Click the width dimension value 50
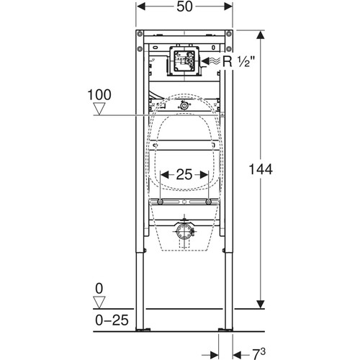tap(184, 7)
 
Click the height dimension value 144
tap(261, 169)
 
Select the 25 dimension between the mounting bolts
tap(184, 174)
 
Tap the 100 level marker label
tap(99, 95)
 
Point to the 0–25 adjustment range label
tap(112, 320)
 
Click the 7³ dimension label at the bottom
tap(258, 354)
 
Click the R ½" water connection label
tap(238, 62)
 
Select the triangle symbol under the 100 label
tap(99, 109)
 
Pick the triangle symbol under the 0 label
tap(99, 302)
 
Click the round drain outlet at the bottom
tap(184, 232)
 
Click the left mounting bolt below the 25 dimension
tap(160, 202)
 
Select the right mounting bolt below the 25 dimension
tap(208, 202)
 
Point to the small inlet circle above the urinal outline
tap(184, 106)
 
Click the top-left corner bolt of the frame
tap(140, 33)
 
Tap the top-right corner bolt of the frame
tap(229, 33)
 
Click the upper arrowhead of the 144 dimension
tap(261, 35)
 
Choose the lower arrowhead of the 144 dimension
tap(261, 305)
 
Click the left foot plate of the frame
tap(143, 330)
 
